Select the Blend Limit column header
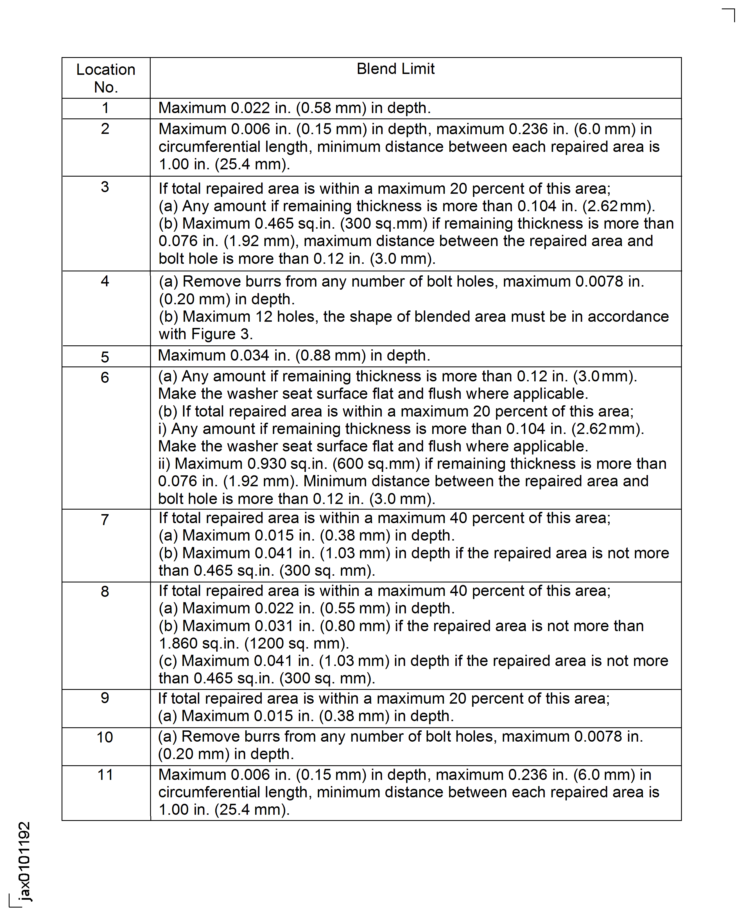coord(395,69)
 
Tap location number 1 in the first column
coord(105,108)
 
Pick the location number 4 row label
coord(105,281)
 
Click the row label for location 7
coord(105,520)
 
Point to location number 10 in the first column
coord(105,737)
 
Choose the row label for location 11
coord(105,775)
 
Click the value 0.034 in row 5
coord(250,355)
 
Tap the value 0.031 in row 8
coord(274,626)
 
